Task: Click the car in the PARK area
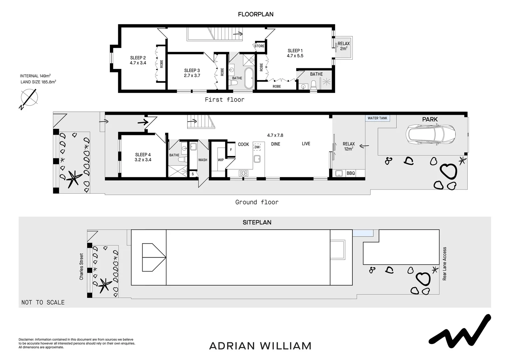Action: [430, 134]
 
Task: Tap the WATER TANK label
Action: [377, 118]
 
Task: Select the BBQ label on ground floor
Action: [350, 173]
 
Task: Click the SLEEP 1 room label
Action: [295, 53]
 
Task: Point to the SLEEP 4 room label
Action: [143, 157]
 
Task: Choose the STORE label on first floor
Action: [259, 46]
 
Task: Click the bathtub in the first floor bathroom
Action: [249, 78]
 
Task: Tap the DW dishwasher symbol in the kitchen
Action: [257, 147]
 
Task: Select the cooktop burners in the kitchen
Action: [244, 173]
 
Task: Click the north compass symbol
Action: [29, 98]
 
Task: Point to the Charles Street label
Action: [81, 266]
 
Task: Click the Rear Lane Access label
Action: [444, 264]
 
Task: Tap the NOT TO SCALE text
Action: [43, 302]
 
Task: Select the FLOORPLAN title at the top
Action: [255, 14]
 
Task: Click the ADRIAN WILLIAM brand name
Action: [260, 346]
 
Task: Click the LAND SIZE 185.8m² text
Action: [38, 82]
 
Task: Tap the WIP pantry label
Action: [221, 160]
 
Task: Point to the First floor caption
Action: [225, 99]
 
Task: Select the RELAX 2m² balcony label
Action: [344, 46]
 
